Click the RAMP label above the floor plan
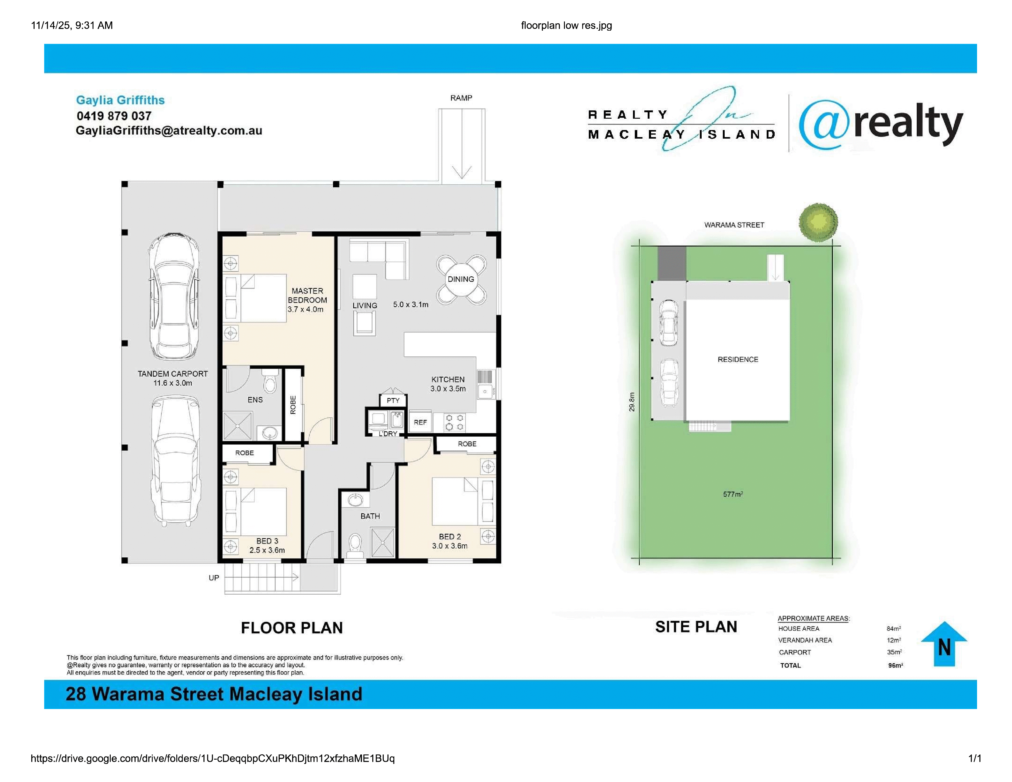point(461,98)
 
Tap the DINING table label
point(461,279)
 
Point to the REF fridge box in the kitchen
point(420,422)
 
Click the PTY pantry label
point(393,400)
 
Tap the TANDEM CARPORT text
point(173,374)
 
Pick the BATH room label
point(370,516)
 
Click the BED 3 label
point(267,541)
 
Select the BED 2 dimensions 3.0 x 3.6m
point(450,546)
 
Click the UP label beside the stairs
point(214,578)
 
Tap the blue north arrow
point(944,644)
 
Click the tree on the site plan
point(818,222)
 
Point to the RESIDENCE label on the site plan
point(738,359)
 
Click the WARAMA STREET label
point(734,225)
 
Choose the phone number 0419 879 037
point(114,116)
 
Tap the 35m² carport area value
point(894,652)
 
